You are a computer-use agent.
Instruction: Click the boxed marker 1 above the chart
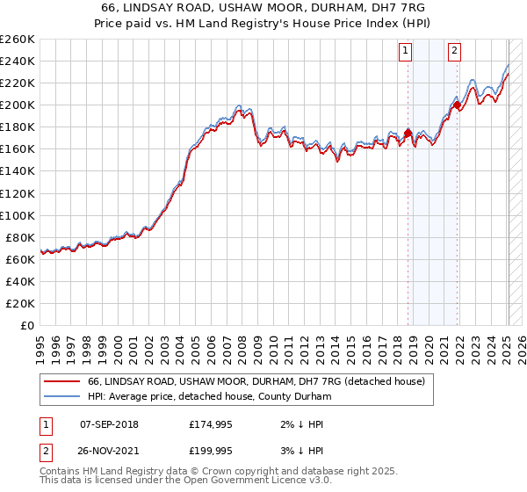tap(407, 51)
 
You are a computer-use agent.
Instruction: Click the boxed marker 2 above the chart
tap(455, 51)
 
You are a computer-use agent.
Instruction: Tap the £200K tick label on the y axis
tap(18, 105)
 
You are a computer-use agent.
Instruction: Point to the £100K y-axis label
tap(18, 215)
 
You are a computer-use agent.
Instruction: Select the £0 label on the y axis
tap(27, 325)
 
